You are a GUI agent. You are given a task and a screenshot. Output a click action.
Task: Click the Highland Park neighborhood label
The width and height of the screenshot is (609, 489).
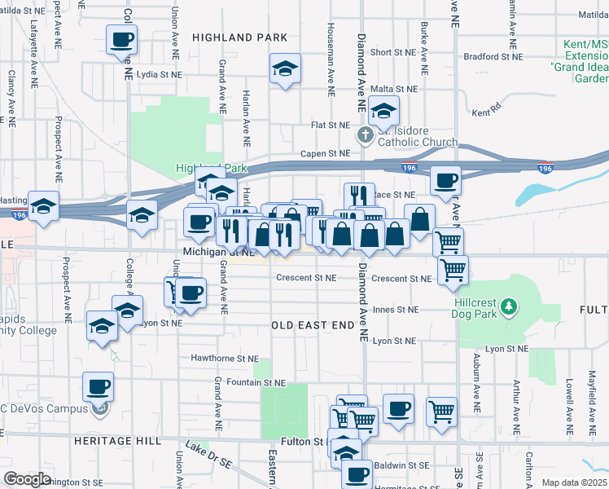pos(239,37)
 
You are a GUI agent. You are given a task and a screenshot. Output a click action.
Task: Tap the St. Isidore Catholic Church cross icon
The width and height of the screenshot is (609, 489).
pos(366,134)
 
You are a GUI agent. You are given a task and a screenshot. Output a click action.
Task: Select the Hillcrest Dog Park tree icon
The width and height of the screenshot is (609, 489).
pos(509,306)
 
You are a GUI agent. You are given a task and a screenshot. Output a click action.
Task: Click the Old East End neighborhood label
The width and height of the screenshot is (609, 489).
pos(314,324)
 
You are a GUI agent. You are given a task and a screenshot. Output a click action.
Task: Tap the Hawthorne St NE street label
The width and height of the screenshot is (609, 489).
pos(224,358)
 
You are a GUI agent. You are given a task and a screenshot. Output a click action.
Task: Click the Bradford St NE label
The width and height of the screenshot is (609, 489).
pos(492,57)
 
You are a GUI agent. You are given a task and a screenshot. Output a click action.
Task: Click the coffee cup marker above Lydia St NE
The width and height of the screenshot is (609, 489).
pos(121,39)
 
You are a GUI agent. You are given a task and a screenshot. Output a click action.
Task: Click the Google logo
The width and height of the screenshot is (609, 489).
pos(28,479)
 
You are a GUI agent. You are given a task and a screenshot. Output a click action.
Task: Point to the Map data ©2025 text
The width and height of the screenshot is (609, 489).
pos(574,482)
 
